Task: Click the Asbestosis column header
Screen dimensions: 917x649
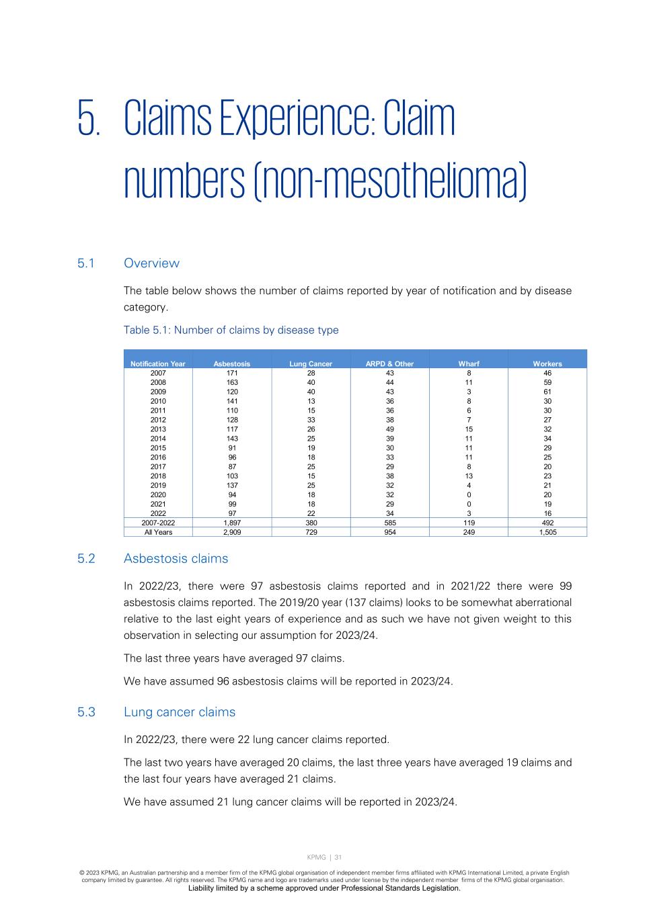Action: [x=231, y=363]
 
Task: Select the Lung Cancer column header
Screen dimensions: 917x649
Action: [x=311, y=363]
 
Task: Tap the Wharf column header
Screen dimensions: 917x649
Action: [x=469, y=363]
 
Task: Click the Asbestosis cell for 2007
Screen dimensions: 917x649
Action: [x=232, y=373]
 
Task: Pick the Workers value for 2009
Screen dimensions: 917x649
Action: [x=547, y=392]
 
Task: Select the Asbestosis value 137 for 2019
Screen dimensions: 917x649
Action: [x=232, y=485]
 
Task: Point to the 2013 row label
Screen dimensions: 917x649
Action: [x=158, y=429]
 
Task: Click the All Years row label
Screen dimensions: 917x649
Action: [x=158, y=532]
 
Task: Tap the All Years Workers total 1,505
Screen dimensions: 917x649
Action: [x=547, y=532]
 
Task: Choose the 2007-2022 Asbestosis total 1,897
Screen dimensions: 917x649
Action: [x=232, y=523]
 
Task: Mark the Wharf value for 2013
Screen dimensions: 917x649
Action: [x=469, y=429]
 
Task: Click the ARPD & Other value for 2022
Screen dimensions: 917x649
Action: [x=389, y=513]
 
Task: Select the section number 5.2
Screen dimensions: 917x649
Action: [x=86, y=558]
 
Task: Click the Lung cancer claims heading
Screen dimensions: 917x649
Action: [x=180, y=711]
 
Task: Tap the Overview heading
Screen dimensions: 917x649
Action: [x=151, y=263]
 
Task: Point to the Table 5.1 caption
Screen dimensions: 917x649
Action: [x=231, y=330]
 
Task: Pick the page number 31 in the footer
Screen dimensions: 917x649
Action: [x=338, y=857]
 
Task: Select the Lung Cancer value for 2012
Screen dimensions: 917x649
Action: [x=311, y=420]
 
